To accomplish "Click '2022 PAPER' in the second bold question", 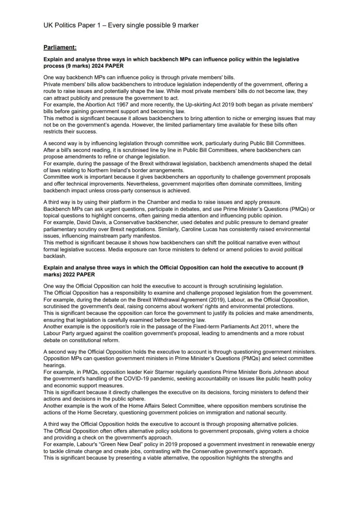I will [x=77, y=275].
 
